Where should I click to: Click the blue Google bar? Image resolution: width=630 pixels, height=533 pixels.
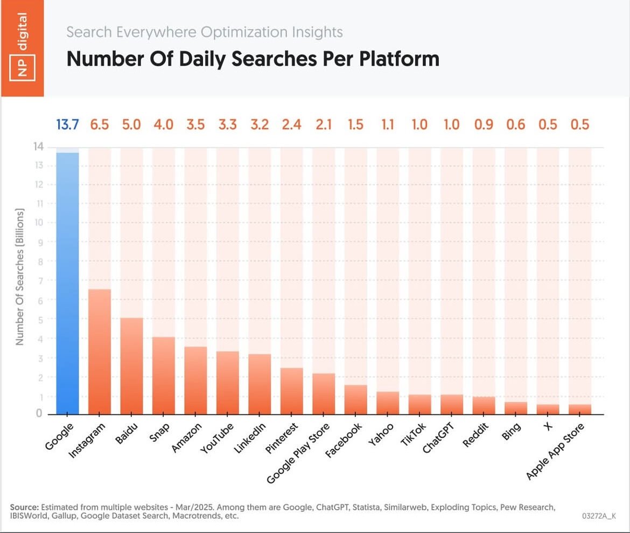[x=67, y=283]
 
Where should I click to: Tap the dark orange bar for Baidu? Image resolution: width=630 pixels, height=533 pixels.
[x=131, y=366]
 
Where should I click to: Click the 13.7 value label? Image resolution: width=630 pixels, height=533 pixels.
[x=67, y=124]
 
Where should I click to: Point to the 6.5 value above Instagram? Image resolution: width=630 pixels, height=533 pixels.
[x=99, y=124]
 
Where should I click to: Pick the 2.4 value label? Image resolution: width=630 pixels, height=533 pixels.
[x=291, y=124]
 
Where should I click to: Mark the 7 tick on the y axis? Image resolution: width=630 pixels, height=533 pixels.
[x=39, y=281]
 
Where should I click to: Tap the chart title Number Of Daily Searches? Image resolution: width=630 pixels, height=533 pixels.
[x=253, y=59]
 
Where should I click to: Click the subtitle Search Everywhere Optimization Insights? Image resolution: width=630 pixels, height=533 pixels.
[x=204, y=32]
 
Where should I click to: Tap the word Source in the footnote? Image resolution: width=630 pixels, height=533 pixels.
[x=24, y=508]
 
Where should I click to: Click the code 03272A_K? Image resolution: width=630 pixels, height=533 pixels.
[x=598, y=516]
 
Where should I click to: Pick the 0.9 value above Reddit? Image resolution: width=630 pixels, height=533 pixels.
[x=484, y=124]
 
